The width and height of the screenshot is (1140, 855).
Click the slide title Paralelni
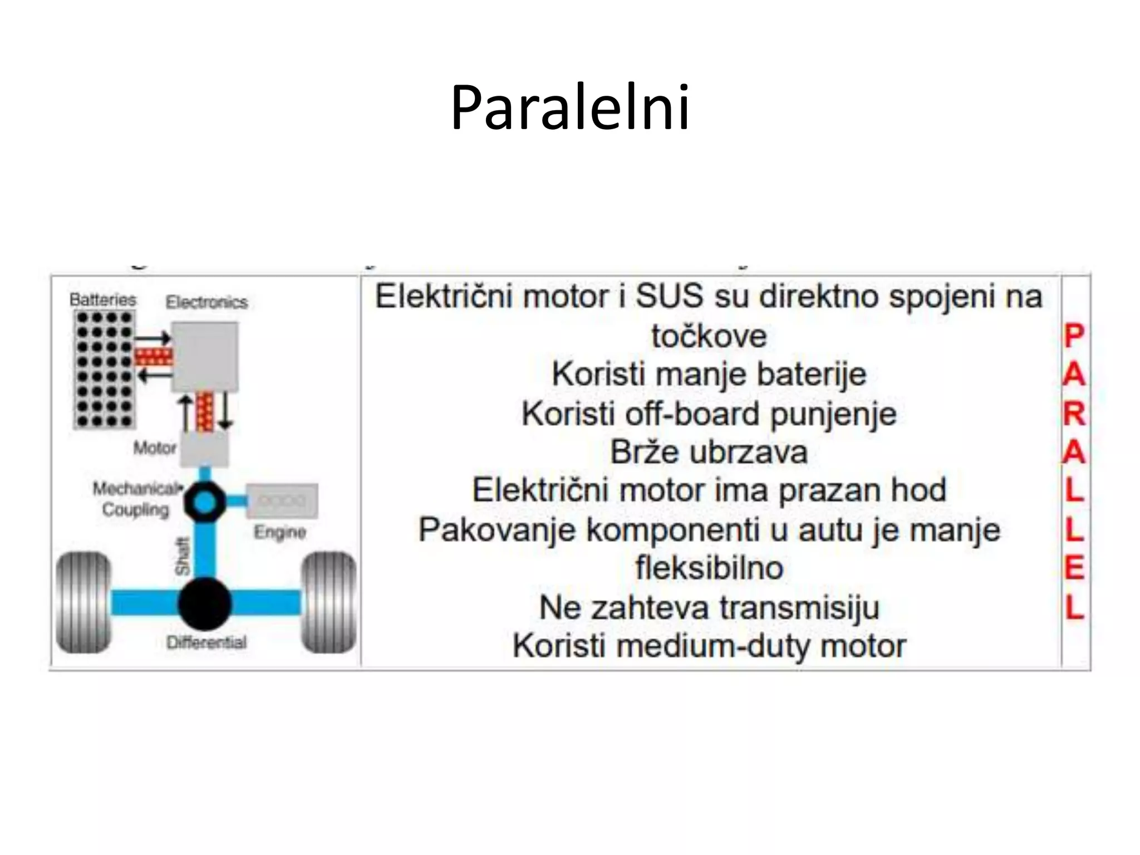tap(569, 107)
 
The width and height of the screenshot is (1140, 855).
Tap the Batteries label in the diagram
tap(102, 299)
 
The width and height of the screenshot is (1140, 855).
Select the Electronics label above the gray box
tap(207, 302)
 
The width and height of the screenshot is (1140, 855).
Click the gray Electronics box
tap(205, 356)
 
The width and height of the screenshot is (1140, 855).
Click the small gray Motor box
tap(204, 449)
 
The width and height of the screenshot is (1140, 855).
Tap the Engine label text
tap(279, 532)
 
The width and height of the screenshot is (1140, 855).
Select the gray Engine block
tap(282, 500)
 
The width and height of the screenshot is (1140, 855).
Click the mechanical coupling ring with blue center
tap(205, 502)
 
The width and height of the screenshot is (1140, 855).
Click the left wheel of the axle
tap(83, 602)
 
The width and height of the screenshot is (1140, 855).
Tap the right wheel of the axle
tap(328, 602)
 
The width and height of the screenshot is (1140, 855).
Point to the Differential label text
tap(207, 642)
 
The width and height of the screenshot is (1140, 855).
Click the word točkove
tap(709, 336)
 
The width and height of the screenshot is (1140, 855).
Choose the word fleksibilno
tap(709, 568)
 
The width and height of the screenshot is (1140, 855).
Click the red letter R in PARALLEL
tap(1074, 414)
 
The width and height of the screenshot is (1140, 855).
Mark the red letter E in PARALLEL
tap(1074, 569)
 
